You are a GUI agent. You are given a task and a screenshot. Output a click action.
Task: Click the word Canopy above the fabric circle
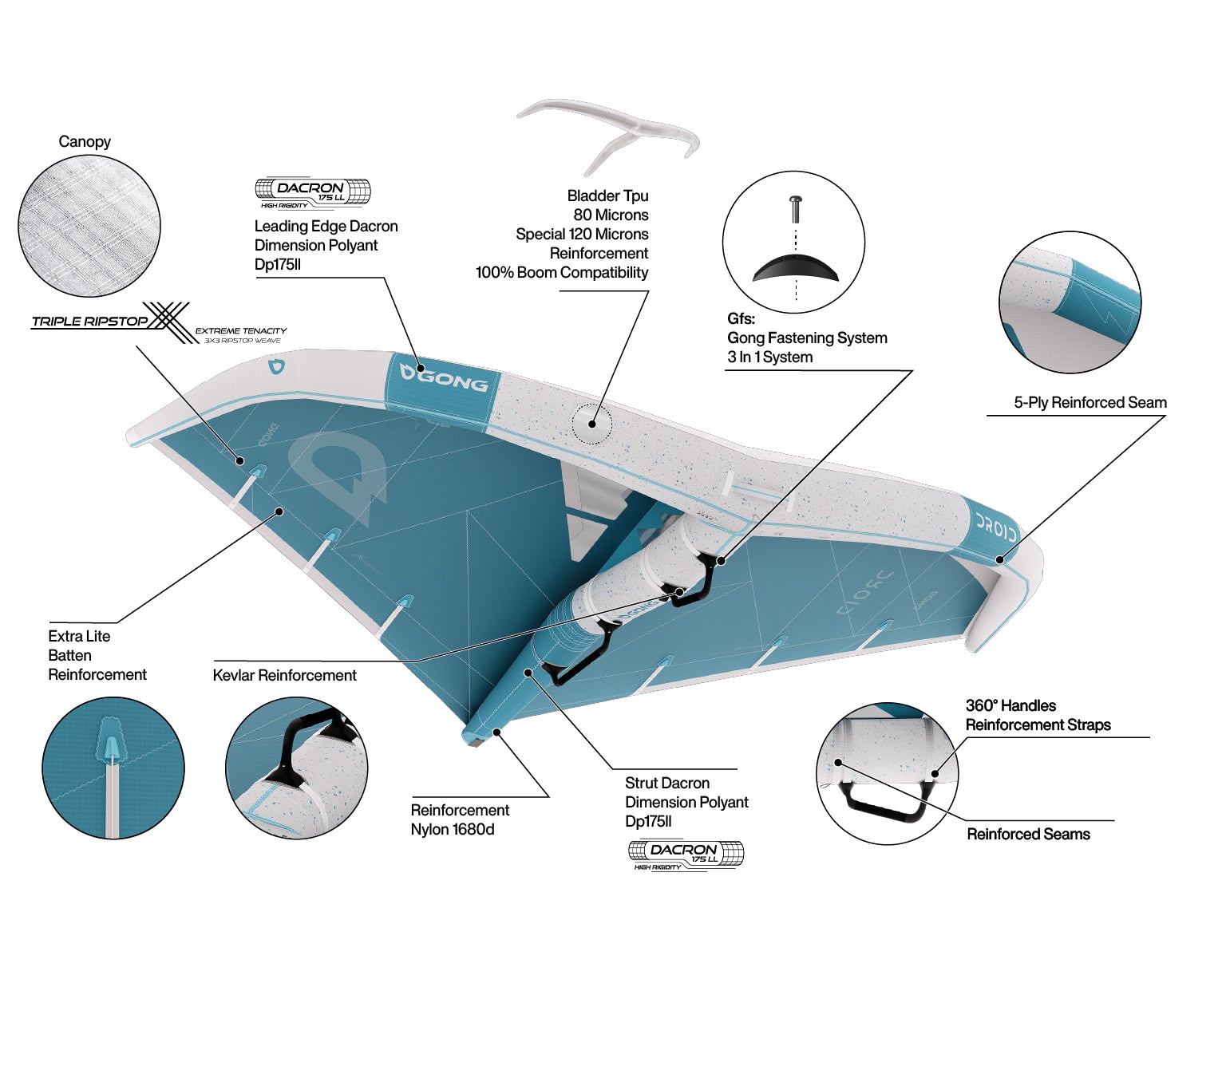[85, 141]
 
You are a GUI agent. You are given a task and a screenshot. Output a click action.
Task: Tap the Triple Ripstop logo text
[89, 322]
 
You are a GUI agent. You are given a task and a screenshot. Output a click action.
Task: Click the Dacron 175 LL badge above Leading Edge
[312, 192]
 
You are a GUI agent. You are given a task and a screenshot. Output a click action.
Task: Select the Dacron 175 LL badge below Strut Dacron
[686, 855]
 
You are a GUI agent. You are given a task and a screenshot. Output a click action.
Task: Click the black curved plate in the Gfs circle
[796, 268]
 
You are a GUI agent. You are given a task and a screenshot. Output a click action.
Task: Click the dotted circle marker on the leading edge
[592, 424]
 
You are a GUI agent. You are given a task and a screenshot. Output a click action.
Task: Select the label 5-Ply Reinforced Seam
[1090, 402]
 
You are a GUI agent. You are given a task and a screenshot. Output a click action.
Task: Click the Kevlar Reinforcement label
[284, 675]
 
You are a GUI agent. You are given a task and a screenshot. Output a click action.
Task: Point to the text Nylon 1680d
[452, 829]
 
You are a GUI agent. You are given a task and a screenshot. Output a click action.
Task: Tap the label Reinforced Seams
[1028, 834]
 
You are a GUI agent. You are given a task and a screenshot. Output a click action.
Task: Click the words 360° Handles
[1010, 706]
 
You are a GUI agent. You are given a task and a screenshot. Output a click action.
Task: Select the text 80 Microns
[611, 215]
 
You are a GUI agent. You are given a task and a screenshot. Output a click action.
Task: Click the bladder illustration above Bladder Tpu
[608, 135]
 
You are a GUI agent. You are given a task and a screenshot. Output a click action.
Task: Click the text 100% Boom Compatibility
[561, 272]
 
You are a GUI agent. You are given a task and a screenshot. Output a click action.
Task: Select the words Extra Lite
[79, 636]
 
